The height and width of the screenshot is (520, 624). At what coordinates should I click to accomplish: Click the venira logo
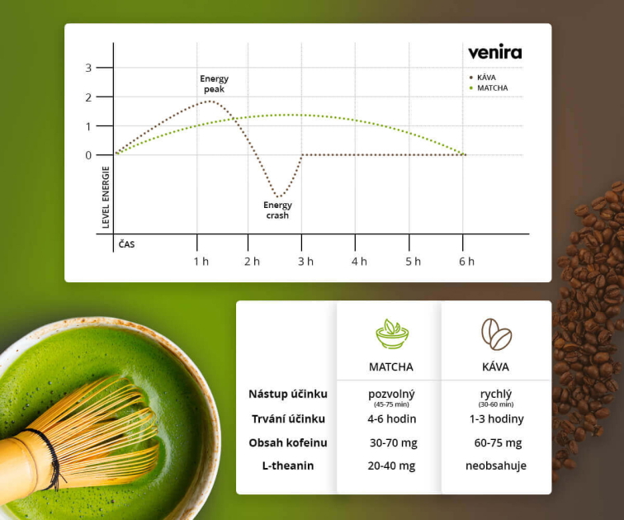[494, 53]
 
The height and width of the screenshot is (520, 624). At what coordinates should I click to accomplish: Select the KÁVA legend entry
[482, 78]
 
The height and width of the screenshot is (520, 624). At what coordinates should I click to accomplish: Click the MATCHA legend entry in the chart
[489, 88]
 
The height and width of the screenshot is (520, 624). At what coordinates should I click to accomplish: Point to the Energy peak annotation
[214, 84]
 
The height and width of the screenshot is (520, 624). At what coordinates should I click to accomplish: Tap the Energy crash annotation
[277, 210]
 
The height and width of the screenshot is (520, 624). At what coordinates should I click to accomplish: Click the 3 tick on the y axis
[88, 68]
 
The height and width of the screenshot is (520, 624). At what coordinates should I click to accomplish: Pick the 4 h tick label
[359, 262]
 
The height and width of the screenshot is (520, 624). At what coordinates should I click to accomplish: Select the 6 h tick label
[466, 262]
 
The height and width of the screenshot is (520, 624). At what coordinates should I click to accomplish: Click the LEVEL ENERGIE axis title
[106, 197]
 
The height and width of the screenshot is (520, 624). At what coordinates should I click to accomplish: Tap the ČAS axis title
[126, 244]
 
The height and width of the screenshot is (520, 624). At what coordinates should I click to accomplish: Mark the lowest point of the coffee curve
[279, 196]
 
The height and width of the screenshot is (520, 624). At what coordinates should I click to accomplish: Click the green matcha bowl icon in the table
[392, 333]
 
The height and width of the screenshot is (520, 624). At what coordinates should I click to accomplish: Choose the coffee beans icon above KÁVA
[496, 334]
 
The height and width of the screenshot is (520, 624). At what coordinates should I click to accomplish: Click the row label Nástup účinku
[288, 394]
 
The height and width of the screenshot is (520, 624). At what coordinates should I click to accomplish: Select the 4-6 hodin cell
[391, 419]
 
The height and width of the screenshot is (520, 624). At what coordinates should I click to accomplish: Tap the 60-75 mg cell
[498, 442]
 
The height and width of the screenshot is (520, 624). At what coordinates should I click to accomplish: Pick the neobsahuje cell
[496, 466]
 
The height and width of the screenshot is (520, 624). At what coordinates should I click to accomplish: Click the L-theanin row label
[288, 466]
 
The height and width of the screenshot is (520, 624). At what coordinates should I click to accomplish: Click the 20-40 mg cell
[391, 466]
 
